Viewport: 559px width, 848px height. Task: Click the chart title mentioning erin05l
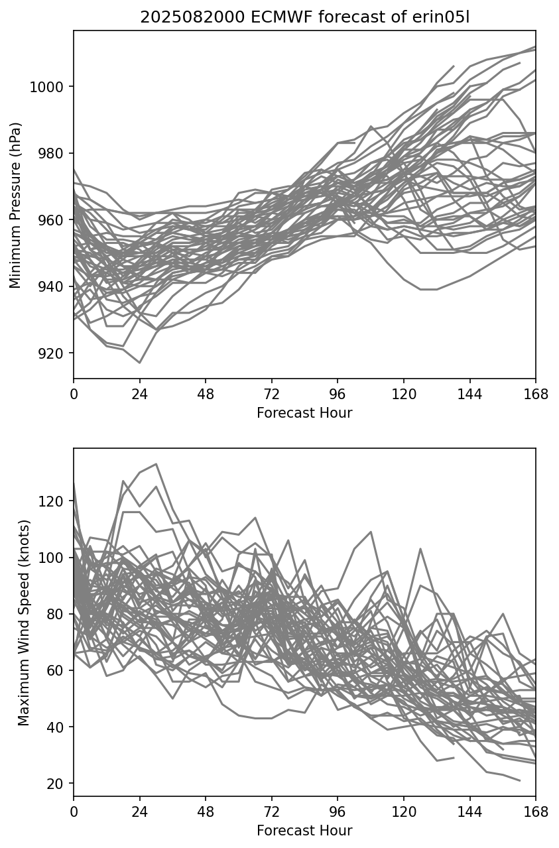click(304, 17)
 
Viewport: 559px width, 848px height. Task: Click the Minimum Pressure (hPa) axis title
click(16, 205)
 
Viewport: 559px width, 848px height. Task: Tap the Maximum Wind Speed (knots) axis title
click(24, 622)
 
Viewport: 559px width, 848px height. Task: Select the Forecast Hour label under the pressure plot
click(304, 413)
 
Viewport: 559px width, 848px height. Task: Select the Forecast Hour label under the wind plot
click(304, 831)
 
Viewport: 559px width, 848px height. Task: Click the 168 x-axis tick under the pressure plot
click(536, 394)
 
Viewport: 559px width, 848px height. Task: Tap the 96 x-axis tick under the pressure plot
click(338, 394)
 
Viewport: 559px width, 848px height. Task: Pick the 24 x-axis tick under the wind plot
click(139, 811)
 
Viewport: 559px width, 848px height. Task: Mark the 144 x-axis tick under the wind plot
click(470, 811)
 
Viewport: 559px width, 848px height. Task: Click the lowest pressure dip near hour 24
click(140, 363)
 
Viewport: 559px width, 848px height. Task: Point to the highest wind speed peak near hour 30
click(156, 464)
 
